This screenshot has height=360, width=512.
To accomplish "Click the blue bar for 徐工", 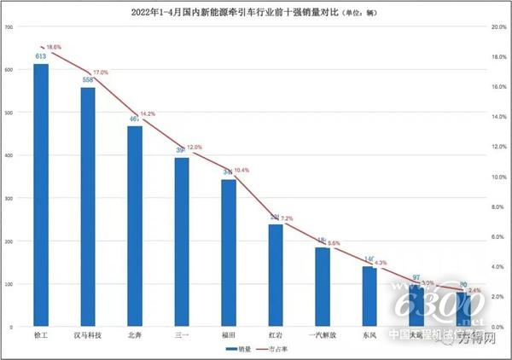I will click(x=41, y=195).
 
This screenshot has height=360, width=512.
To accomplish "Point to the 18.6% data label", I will click(x=54, y=47).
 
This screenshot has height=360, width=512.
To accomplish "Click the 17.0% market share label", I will click(x=101, y=73).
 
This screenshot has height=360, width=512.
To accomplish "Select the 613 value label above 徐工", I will click(x=40, y=56).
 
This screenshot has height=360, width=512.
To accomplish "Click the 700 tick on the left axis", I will click(x=10, y=26).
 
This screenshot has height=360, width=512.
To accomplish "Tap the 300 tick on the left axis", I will click(x=10, y=198).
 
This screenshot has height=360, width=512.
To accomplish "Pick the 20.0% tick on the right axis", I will click(x=497, y=26).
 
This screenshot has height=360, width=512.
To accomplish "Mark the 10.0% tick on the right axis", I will click(x=497, y=177).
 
